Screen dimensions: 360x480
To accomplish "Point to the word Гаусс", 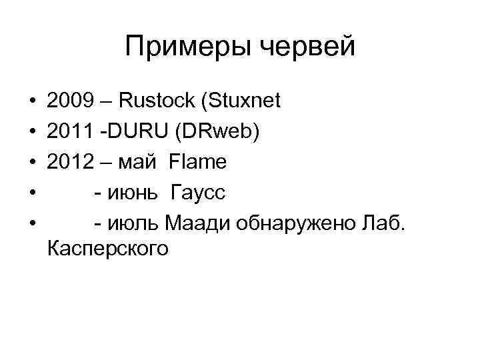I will pyautogui.click(x=198, y=193).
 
